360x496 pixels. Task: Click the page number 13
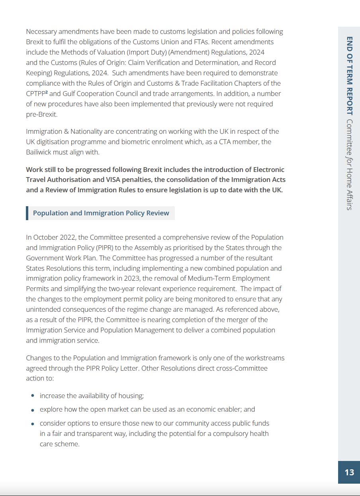pos(349,472)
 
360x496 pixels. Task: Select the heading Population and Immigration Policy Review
pos(101,213)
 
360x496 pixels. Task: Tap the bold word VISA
pos(112,180)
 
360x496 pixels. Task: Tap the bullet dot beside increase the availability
pos(33,396)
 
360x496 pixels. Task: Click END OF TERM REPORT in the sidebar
pos(349,76)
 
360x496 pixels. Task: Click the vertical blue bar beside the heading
pos(27,213)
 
